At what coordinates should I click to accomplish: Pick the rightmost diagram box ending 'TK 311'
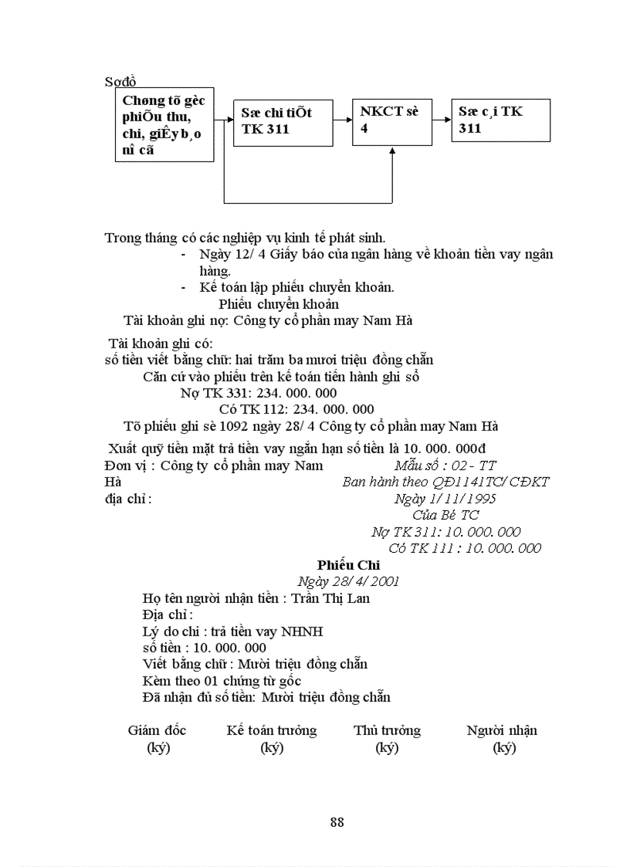click(501, 120)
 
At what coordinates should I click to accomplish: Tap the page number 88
click(337, 822)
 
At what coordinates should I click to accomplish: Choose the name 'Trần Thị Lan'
click(330, 598)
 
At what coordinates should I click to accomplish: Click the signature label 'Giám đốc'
click(157, 730)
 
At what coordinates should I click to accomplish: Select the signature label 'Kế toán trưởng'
click(271, 730)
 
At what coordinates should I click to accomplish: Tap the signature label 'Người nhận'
click(502, 730)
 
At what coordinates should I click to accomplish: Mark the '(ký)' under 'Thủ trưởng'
click(386, 747)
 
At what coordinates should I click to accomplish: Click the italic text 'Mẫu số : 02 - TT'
click(445, 466)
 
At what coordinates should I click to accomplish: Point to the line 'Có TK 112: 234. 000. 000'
click(296, 409)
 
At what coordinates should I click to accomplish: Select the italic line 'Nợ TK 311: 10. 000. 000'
click(445, 532)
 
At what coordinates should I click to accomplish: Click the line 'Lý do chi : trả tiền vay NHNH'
click(232, 632)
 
